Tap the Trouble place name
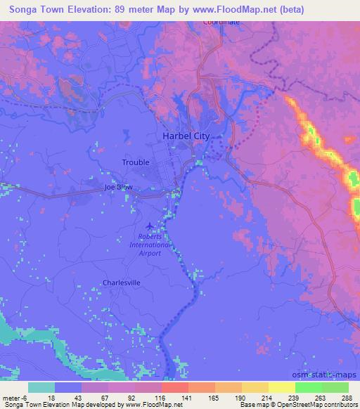click(136, 162)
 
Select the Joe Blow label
click(118, 188)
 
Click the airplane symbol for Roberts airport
click(148, 226)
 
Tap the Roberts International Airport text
click(150, 245)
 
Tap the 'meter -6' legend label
click(15, 396)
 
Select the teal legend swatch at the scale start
click(41, 387)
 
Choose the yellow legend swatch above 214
click(255, 387)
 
